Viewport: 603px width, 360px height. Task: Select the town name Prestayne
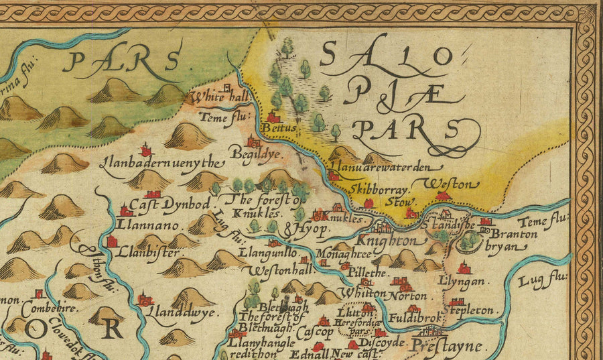[x=446, y=347]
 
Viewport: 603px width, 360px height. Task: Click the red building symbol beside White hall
[x=227, y=87]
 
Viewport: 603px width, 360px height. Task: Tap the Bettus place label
[x=275, y=125]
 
